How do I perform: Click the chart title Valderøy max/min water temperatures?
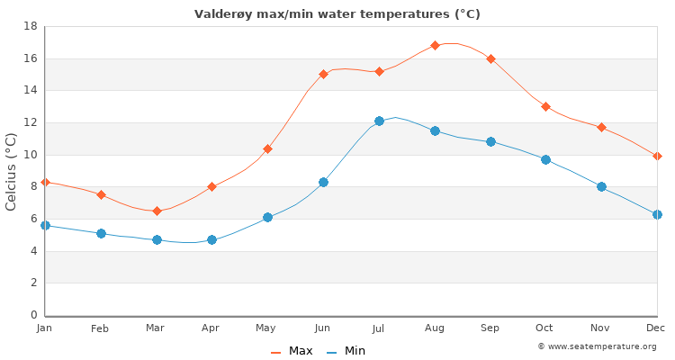pyautogui.click(x=337, y=14)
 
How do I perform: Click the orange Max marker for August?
pyautogui.click(x=435, y=45)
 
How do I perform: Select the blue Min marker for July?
pyautogui.click(x=379, y=121)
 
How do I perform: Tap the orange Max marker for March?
pyautogui.click(x=157, y=211)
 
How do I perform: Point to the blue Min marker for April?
pyautogui.click(x=212, y=239)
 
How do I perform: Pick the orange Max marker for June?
pyautogui.click(x=323, y=74)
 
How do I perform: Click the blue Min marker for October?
pyautogui.click(x=545, y=159)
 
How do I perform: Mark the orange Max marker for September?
pyautogui.click(x=490, y=58)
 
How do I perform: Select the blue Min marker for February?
pyautogui.click(x=101, y=233)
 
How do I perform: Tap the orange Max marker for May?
pyautogui.click(x=267, y=148)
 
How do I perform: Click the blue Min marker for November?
pyautogui.click(x=601, y=186)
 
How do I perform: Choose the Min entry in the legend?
pyautogui.click(x=346, y=351)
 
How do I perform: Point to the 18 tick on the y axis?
pyautogui.click(x=29, y=26)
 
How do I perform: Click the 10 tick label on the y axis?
pyautogui.click(x=29, y=155)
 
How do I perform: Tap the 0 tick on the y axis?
pyautogui.click(x=32, y=315)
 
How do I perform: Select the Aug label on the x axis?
pyautogui.click(x=435, y=328)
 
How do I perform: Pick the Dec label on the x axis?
pyautogui.click(x=656, y=328)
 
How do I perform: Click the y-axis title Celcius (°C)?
pyautogui.click(x=12, y=171)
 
